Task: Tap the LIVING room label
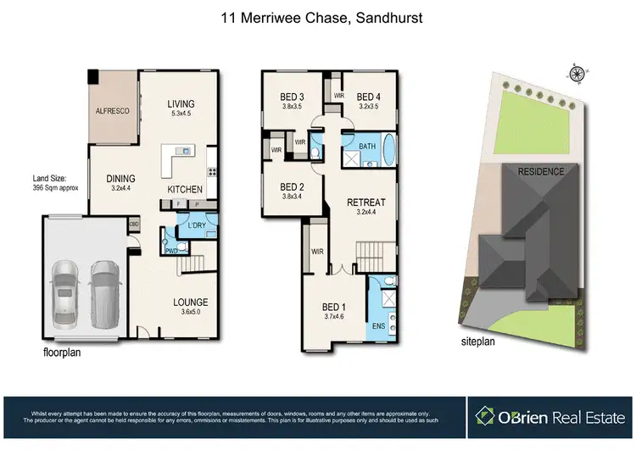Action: coord(181,104)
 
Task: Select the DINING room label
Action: coord(122,179)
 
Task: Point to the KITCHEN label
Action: coord(184,189)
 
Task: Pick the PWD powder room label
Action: coord(171,250)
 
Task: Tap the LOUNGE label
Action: coord(191,303)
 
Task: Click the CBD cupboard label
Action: coord(134,225)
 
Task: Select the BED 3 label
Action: coord(293,97)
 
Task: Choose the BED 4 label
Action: coord(370,97)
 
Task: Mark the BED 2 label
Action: coord(292,187)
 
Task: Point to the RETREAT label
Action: coord(366,203)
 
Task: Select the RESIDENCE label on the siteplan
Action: coord(541,172)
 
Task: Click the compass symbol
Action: coord(577,74)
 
